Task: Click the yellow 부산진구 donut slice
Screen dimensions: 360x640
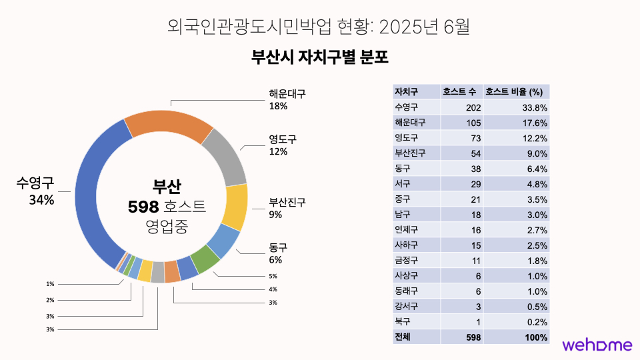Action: [237, 207]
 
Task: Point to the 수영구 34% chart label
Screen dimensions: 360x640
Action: [35, 191]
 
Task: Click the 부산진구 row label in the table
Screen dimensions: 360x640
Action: [411, 153]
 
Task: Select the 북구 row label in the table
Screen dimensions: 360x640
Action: [404, 322]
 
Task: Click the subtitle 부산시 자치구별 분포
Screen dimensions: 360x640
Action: [320, 57]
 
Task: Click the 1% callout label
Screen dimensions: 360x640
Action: [50, 284]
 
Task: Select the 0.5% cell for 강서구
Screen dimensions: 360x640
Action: [537, 307]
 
